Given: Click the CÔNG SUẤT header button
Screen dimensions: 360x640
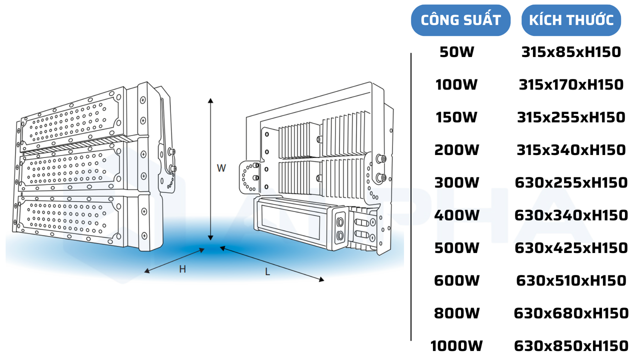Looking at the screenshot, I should click(460, 20).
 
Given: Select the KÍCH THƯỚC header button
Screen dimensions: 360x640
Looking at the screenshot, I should click(571, 20).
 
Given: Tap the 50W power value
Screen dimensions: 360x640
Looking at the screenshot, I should click(456, 51).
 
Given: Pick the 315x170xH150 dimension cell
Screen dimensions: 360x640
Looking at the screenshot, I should click(571, 84).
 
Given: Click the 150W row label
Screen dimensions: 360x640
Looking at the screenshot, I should click(456, 117).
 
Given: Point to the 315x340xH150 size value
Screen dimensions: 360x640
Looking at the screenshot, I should click(571, 149).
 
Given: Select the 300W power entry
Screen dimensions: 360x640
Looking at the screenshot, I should click(456, 182).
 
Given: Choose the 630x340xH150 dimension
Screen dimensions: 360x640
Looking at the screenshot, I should click(571, 215).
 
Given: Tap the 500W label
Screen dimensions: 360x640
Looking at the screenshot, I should click(456, 248).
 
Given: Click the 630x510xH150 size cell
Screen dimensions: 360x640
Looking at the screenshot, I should click(571, 280).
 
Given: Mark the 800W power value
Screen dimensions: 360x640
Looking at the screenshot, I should click(456, 313).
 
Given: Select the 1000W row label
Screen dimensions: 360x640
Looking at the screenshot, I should click(456, 346).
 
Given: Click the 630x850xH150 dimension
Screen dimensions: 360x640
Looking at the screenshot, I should click(571, 346).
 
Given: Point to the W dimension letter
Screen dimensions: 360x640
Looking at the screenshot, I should click(221, 168).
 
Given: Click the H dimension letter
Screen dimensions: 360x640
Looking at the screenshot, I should click(182, 269).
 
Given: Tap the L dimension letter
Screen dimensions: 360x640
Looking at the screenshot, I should click(267, 272).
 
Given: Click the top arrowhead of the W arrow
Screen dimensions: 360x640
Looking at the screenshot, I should click(211, 100).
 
